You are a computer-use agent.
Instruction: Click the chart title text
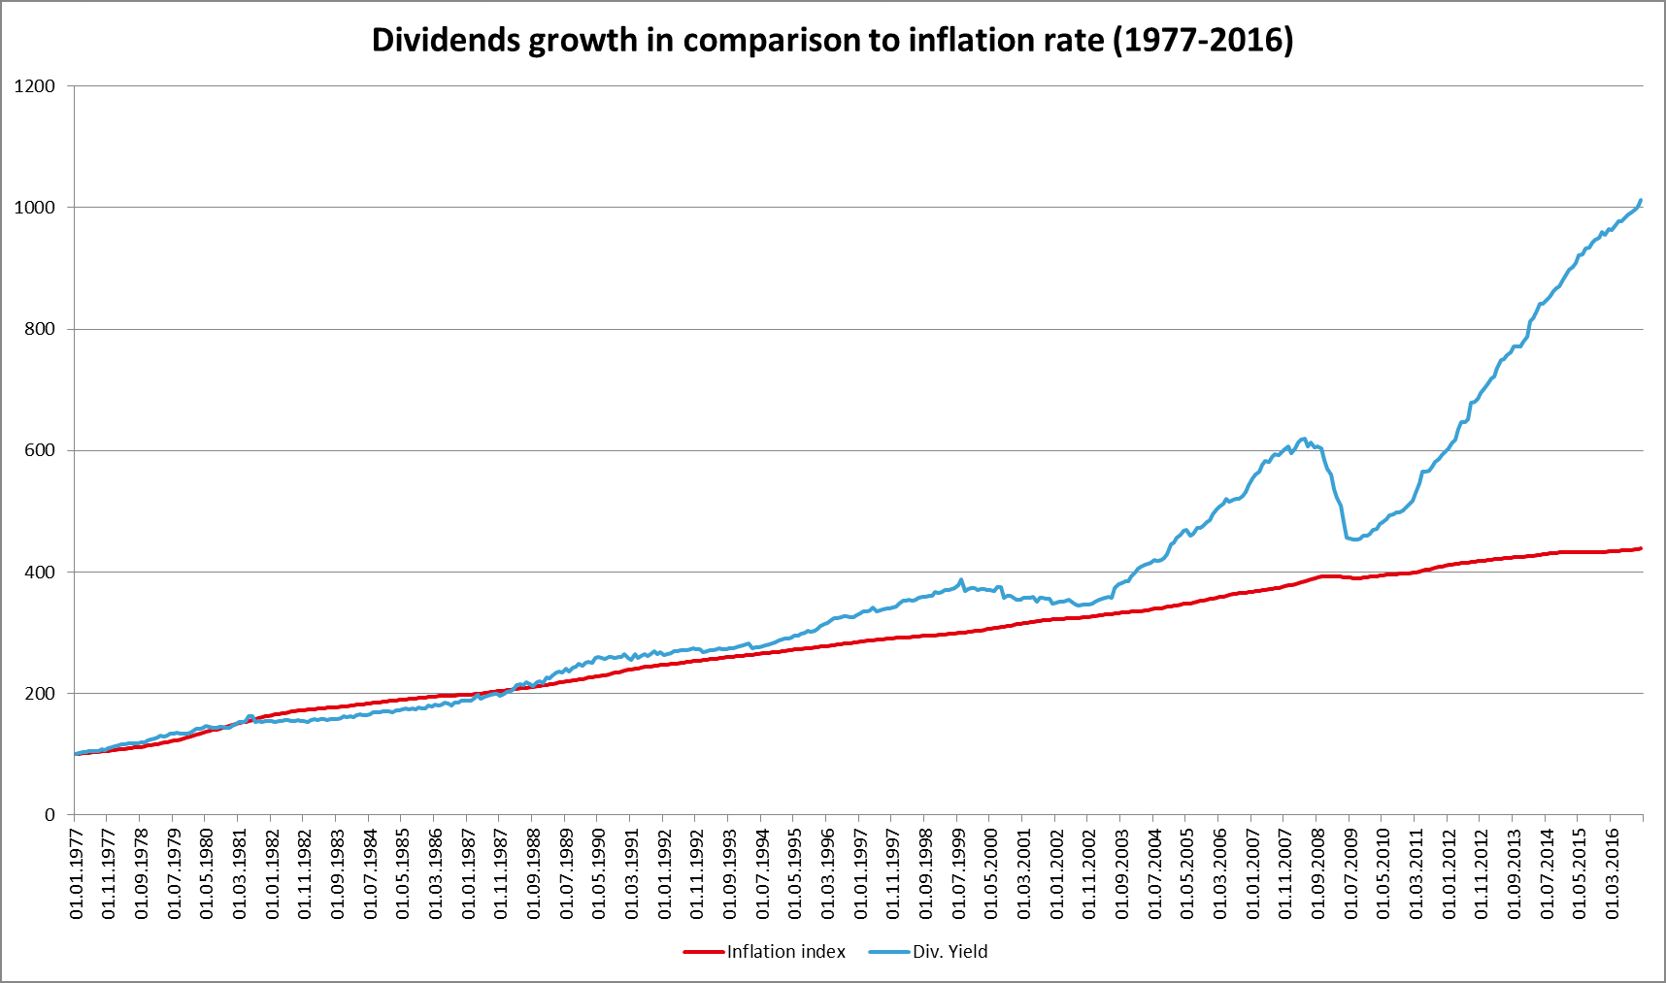coord(832,41)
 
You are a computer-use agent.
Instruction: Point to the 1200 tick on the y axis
coord(35,86)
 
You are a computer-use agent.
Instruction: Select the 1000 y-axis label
coord(35,208)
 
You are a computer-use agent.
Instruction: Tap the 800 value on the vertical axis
coord(40,329)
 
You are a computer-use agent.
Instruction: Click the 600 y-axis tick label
coord(40,450)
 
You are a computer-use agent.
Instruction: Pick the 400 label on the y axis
coord(40,573)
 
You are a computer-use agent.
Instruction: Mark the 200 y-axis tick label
coord(40,694)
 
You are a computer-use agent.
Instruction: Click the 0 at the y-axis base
coord(50,815)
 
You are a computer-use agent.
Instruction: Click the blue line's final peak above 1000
coord(1641,201)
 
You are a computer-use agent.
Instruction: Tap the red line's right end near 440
coord(1641,548)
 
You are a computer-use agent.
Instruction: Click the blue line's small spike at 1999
coord(961,580)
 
